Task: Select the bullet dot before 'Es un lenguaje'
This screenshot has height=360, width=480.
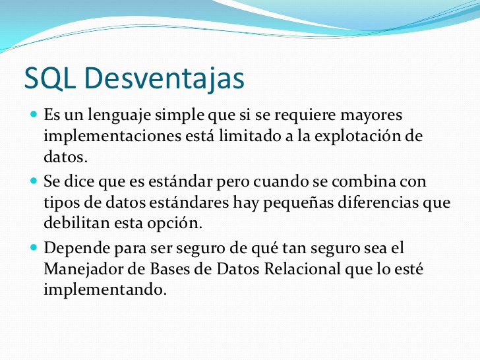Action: [x=34, y=115]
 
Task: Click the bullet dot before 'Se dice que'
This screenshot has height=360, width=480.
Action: [x=34, y=179]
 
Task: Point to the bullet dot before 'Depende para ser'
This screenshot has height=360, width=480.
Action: [x=34, y=247]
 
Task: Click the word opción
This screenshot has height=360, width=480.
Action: [x=176, y=224]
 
